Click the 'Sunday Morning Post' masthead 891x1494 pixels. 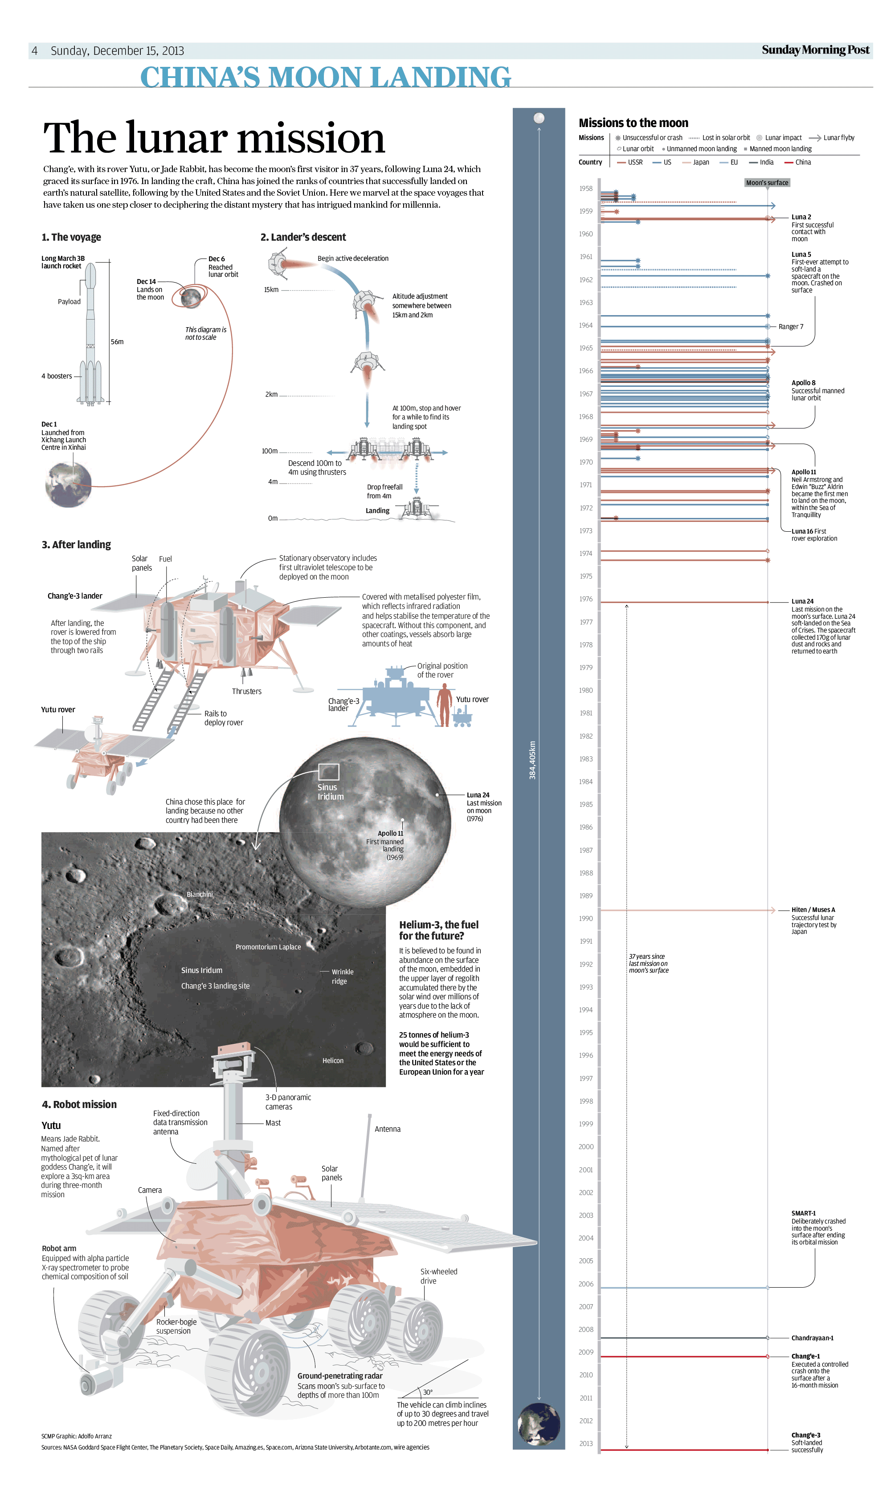pyautogui.click(x=815, y=50)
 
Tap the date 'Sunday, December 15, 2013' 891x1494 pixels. pyautogui.click(x=117, y=51)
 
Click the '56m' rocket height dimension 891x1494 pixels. pyautogui.click(x=117, y=342)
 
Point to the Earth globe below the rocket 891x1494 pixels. pyautogui.click(x=69, y=484)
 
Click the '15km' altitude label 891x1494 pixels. pyautogui.click(x=271, y=289)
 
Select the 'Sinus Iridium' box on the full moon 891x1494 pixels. pyautogui.click(x=328, y=772)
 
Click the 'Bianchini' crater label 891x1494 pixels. pyautogui.click(x=199, y=894)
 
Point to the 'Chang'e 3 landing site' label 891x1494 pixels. pyautogui.click(x=215, y=985)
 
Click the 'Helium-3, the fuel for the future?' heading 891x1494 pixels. pyautogui.click(x=438, y=930)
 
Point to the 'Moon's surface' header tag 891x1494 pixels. pyautogui.click(x=767, y=183)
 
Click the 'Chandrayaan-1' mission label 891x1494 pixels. pyautogui.click(x=812, y=1338)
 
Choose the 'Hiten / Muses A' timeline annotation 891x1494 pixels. pyautogui.click(x=813, y=910)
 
